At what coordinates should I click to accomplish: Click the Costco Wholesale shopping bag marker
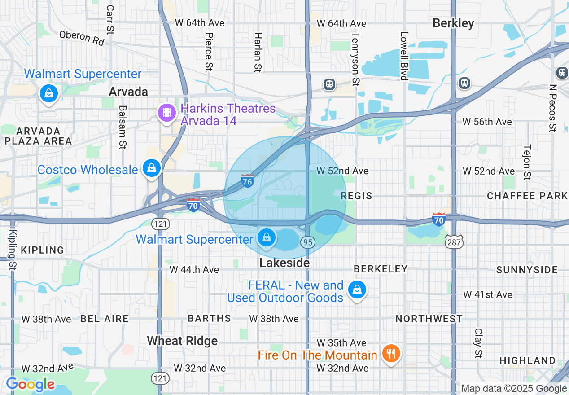(x=152, y=168)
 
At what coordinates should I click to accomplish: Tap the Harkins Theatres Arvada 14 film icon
(x=167, y=112)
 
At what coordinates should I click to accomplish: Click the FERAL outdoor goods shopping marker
(x=357, y=290)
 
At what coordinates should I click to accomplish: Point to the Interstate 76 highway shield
(x=247, y=181)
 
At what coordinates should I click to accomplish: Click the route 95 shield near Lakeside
(x=307, y=242)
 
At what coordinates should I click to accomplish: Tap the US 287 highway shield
(x=451, y=242)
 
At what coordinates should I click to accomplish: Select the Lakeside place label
(x=284, y=263)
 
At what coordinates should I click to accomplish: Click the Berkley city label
(x=453, y=23)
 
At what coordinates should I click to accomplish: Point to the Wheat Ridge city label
(x=182, y=341)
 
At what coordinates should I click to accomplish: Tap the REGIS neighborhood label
(x=356, y=196)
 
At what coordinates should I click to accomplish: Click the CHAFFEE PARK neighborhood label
(x=527, y=196)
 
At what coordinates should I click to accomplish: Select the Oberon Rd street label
(x=82, y=38)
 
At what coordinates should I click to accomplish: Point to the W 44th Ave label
(x=194, y=269)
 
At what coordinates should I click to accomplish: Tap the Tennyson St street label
(x=355, y=59)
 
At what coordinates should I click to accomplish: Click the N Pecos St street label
(x=553, y=108)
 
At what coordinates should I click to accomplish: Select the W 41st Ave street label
(x=487, y=294)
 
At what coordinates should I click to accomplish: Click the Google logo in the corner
(x=30, y=385)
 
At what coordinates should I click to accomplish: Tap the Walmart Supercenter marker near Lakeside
(x=267, y=237)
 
